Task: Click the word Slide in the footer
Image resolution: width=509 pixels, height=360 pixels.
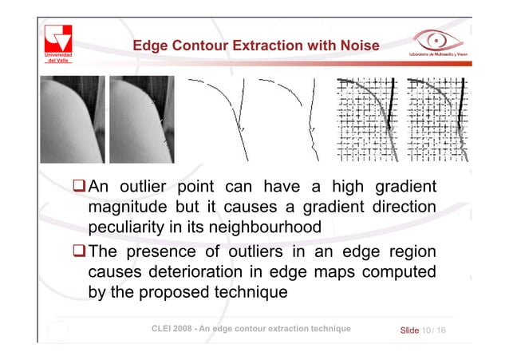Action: coord(408,330)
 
